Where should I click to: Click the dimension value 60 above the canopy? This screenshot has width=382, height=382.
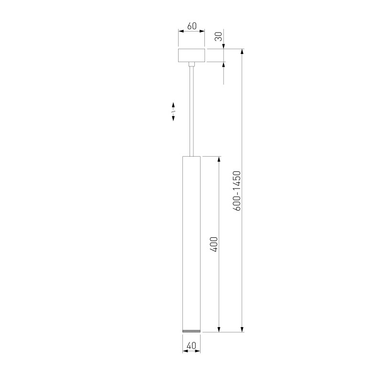tap(192, 26)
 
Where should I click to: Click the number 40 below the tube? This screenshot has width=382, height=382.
tap(191, 345)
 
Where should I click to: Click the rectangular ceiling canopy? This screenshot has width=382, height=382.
tap(191, 55)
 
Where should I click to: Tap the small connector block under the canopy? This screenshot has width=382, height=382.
tap(191, 64)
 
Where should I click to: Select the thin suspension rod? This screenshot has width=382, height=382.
tap(191, 110)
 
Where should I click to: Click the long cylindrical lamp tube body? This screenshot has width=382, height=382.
tap(191, 239)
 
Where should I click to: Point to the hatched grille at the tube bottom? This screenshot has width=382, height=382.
tap(191, 330)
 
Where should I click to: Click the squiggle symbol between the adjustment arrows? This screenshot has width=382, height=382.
tap(173, 111)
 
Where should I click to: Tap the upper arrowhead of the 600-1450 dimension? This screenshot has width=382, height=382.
tap(243, 51)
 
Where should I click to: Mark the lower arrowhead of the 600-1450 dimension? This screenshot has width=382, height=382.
tap(243, 329)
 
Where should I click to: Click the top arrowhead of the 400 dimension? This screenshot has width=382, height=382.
tap(220, 159)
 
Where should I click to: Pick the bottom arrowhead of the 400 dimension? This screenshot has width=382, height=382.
tap(220, 329)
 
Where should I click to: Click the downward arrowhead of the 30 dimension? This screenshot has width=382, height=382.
tap(224, 46)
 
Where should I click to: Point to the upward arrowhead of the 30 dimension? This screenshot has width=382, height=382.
tap(224, 65)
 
